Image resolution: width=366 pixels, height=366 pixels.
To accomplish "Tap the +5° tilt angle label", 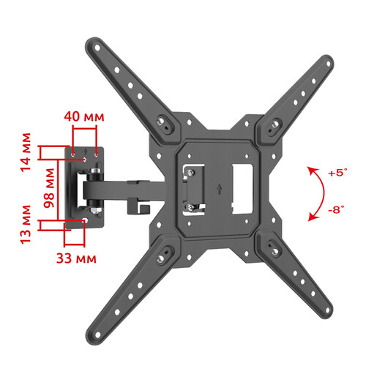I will tap(336, 173).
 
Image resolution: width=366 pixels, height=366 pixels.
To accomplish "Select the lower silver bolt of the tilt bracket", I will tap(191, 208).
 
